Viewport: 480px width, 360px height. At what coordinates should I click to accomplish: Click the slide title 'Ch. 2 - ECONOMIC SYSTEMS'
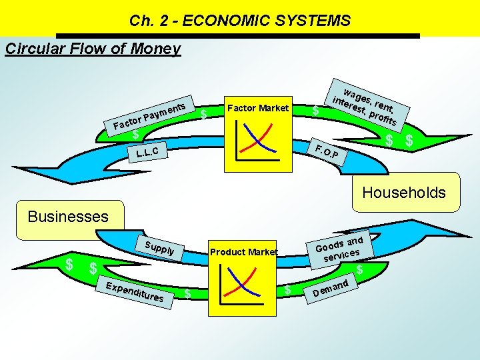pos(240,21)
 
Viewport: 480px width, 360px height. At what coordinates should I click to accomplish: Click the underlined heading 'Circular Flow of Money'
pos(93,49)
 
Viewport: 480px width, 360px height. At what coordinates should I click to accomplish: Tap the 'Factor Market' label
pos(258,108)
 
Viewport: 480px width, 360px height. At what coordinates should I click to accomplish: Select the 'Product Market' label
pos(243,251)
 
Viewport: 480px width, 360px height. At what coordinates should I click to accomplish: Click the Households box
pos(403,193)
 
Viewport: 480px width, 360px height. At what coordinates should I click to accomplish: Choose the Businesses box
pos(67,217)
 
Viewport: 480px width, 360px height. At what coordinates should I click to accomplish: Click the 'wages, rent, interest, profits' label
pos(365,106)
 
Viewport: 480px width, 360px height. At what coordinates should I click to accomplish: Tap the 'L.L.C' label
pos(147,154)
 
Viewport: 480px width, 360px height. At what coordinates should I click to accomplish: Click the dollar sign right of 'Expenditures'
pos(189,293)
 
